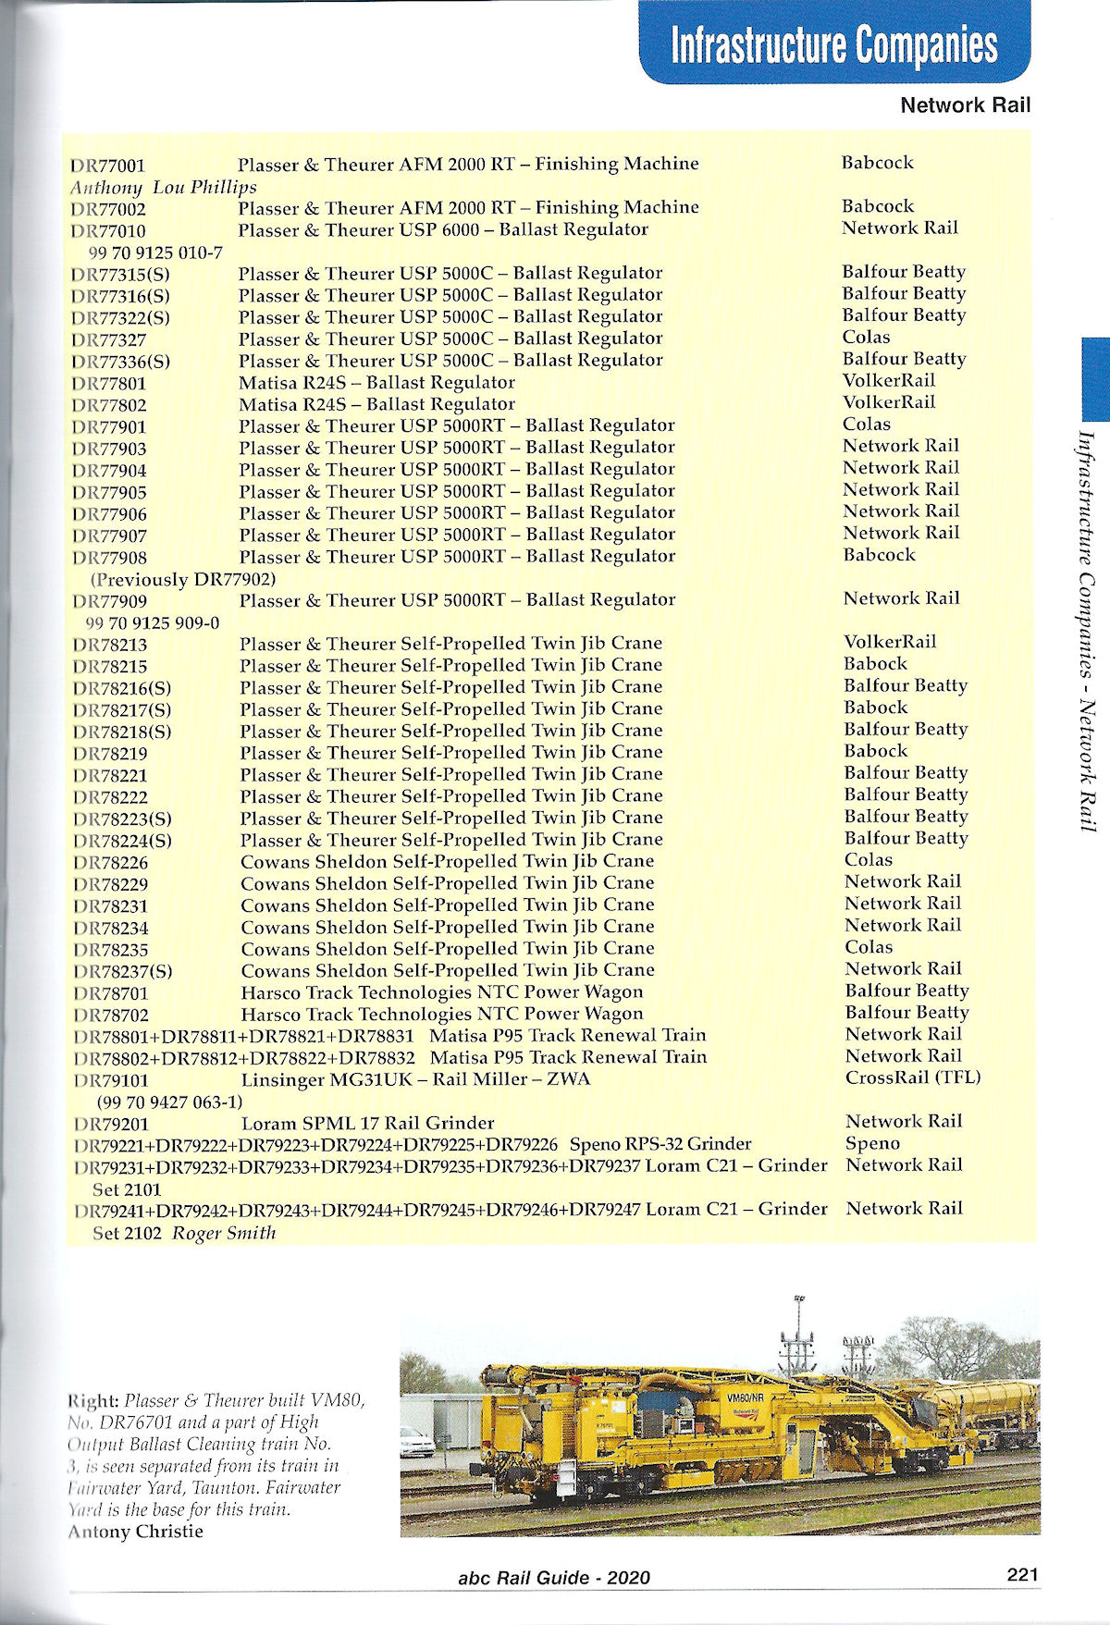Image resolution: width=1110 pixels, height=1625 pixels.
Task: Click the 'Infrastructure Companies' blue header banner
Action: (x=833, y=43)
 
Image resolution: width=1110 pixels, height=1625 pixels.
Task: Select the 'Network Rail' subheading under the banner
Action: (x=965, y=105)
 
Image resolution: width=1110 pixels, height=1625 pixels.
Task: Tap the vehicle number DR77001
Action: (x=108, y=166)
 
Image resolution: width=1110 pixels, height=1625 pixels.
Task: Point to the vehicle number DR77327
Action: (x=109, y=339)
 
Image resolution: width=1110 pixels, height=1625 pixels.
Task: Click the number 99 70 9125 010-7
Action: (x=155, y=252)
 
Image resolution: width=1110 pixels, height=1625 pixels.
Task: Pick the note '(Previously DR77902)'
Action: (x=183, y=580)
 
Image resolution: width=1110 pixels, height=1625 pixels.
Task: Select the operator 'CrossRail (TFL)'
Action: (x=913, y=1077)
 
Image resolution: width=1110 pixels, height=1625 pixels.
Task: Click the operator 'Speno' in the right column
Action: (x=872, y=1143)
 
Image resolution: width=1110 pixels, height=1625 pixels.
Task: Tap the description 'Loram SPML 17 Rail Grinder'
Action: (x=367, y=1124)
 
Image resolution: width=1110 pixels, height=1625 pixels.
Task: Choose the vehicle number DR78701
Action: (x=111, y=993)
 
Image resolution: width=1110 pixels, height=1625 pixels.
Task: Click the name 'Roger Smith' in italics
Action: (x=225, y=1233)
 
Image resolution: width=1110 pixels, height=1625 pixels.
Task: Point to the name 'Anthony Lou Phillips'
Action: (x=164, y=187)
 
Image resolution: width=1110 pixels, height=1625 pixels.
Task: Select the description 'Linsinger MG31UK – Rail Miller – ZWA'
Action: (x=415, y=1079)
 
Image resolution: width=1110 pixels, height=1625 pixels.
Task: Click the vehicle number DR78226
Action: (x=111, y=862)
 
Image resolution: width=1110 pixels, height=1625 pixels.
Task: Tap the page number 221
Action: (x=1022, y=1574)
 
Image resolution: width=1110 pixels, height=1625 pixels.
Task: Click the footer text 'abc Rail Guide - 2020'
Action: (x=554, y=1578)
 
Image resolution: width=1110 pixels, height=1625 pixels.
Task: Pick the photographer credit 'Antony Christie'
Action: (x=135, y=1532)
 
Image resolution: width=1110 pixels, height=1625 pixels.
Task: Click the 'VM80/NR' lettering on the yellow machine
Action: (x=745, y=1397)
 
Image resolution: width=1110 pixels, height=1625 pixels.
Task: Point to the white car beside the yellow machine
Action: (x=416, y=1442)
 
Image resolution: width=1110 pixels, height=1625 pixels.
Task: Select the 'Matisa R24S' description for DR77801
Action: (x=376, y=383)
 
